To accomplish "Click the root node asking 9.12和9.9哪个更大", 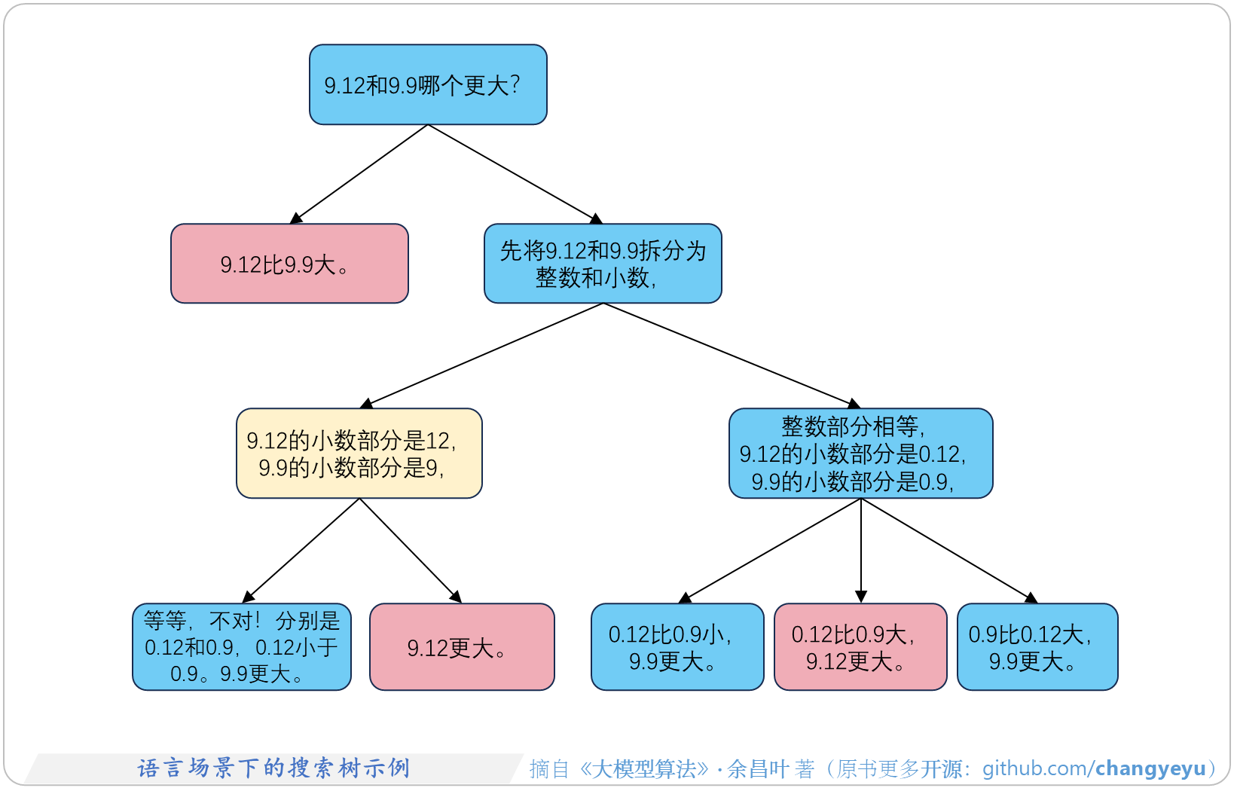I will tap(428, 84).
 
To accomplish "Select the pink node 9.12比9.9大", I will tap(289, 264).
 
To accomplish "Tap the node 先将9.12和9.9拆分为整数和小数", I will tap(603, 264).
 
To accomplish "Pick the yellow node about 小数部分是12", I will tap(359, 454).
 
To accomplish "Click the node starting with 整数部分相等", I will tap(860, 454).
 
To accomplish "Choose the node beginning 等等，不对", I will tap(242, 646).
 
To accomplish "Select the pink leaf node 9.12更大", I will tap(462, 646).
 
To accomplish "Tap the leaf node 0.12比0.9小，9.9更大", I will tap(677, 646).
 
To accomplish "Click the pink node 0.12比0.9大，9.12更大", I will tap(860, 646).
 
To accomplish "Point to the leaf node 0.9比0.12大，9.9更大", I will tap(1037, 646).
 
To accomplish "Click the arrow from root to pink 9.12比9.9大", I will tap(359, 174).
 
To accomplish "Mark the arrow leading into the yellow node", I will tap(481, 356).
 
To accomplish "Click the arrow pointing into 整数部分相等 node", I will tap(732, 356).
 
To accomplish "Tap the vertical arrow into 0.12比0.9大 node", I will tap(860, 550).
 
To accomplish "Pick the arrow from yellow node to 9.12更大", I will tap(411, 550).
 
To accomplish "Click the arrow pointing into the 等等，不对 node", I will tap(301, 550).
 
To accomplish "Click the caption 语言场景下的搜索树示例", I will tap(273, 768).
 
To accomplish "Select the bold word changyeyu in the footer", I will tap(1150, 768).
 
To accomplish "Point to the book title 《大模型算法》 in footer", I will tap(644, 768).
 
